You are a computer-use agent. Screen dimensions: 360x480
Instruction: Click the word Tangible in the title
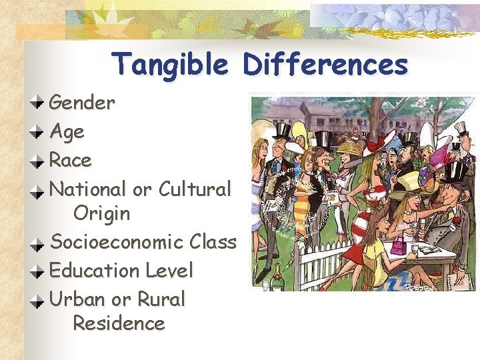(171, 65)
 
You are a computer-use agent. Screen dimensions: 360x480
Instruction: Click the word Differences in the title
(325, 65)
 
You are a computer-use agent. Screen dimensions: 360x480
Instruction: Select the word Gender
(82, 103)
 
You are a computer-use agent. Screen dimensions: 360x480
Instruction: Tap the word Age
(67, 132)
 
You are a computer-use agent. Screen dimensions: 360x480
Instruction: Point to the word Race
(71, 161)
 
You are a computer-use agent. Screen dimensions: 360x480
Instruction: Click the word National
(88, 189)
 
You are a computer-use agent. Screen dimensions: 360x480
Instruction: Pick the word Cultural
(195, 189)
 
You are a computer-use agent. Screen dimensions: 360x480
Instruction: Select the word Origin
(101, 214)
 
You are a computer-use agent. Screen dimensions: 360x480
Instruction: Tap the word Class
(213, 242)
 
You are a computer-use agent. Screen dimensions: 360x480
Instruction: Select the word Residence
(119, 324)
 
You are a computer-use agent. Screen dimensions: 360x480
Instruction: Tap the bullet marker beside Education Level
(39, 270)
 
